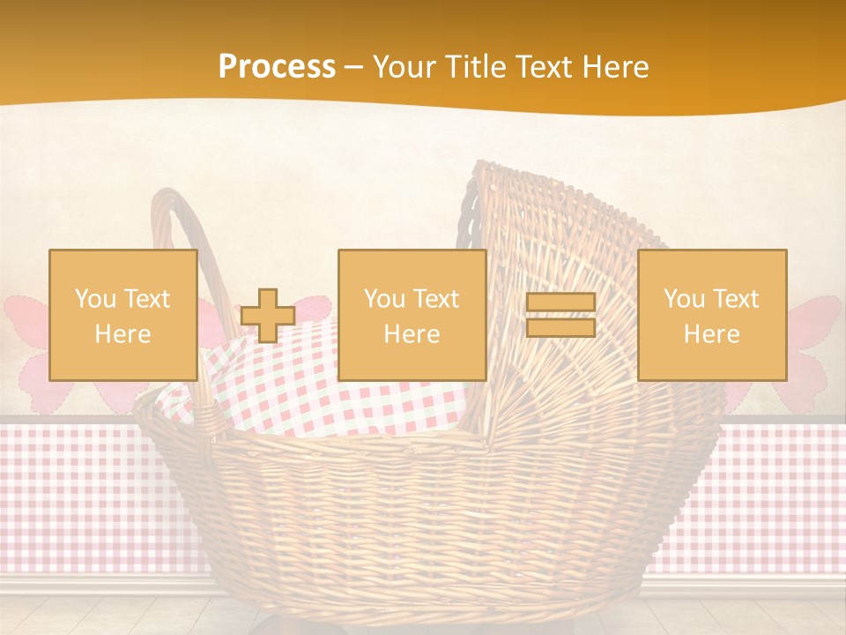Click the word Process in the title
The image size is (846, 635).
277,67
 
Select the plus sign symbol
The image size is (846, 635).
268,316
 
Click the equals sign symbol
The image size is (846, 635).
560,315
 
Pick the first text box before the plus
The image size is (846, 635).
123,315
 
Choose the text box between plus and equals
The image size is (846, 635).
412,315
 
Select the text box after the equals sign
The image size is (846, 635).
712,315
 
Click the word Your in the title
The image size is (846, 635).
405,67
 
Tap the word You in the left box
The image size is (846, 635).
92,299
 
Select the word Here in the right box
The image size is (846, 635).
712,333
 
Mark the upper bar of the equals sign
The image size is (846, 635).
560,303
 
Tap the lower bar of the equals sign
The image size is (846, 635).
560,327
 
